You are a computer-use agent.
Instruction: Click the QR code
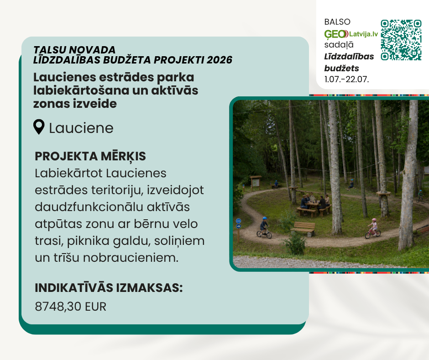point(401,40)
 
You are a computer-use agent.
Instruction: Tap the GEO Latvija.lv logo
point(351,34)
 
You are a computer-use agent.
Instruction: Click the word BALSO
point(337,22)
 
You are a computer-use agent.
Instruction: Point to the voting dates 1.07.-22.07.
point(346,79)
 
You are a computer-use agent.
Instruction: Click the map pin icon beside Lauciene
point(39,127)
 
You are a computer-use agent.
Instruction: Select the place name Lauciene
point(81,128)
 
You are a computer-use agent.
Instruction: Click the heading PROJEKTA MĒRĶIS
point(90,156)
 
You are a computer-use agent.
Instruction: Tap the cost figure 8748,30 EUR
point(70,306)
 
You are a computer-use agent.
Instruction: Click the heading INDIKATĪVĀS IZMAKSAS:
point(109,288)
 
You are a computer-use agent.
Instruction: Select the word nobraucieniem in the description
point(131,258)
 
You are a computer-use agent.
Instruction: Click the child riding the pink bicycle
point(373,229)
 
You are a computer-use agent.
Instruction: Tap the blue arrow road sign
point(238,226)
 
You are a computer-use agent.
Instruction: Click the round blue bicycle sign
point(238,221)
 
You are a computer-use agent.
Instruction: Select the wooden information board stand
point(256,183)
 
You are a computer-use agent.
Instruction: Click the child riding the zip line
point(351,185)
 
